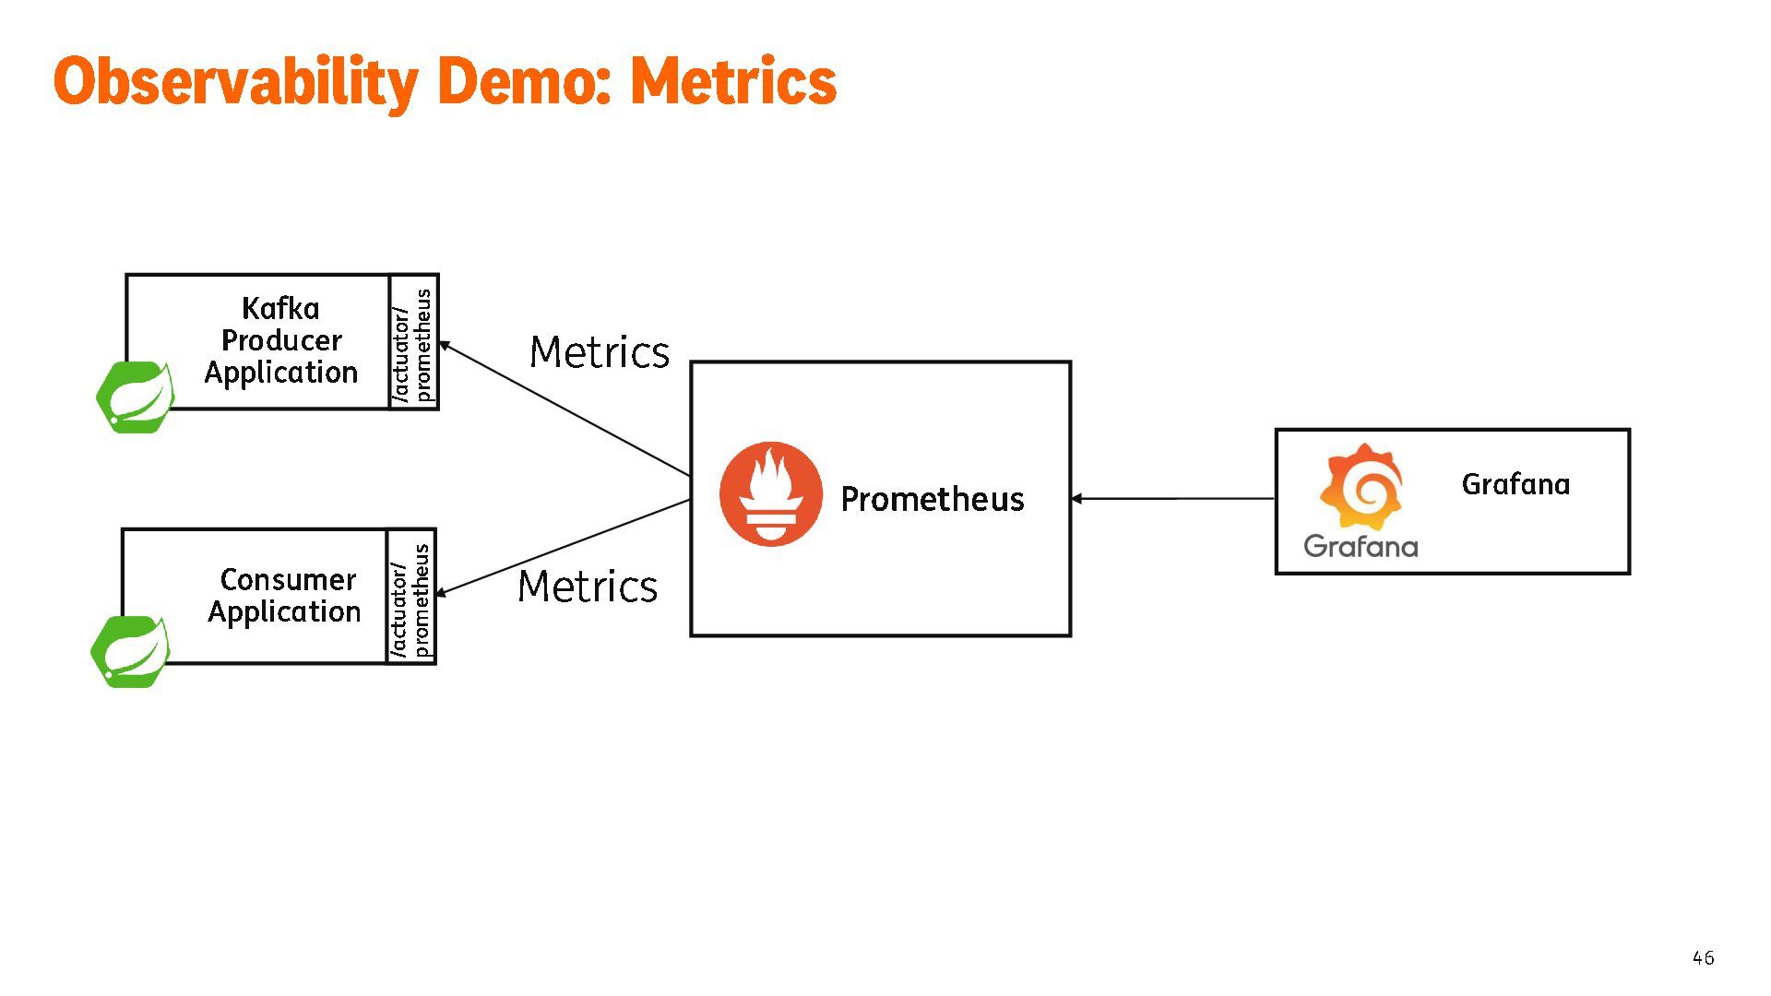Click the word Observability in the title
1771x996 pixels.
(x=235, y=81)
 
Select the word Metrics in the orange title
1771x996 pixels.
(x=733, y=81)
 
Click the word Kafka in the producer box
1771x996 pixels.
(x=280, y=308)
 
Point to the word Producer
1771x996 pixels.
(x=281, y=340)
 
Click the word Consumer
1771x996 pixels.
(x=288, y=579)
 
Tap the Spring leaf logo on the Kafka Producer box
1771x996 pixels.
(x=136, y=397)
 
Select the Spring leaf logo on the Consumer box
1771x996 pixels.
(x=131, y=651)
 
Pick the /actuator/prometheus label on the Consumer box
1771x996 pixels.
(x=410, y=598)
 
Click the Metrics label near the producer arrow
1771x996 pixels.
(x=600, y=352)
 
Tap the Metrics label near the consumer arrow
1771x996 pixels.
(x=588, y=587)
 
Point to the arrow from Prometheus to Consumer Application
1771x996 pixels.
(x=565, y=547)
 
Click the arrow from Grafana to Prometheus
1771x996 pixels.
(x=1172, y=499)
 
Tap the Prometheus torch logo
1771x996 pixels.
(x=770, y=494)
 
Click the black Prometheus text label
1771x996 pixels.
(x=933, y=499)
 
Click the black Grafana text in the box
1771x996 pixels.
(x=1515, y=484)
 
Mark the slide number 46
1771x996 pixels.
(x=1703, y=958)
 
